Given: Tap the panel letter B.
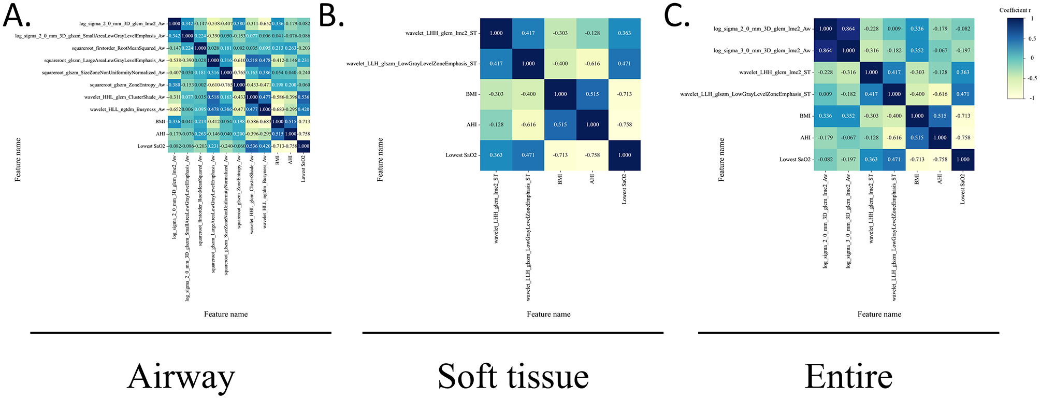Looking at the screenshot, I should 330,17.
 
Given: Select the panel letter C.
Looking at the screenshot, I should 676,17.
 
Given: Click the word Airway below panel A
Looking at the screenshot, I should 181,377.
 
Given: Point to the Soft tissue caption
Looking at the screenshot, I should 513,377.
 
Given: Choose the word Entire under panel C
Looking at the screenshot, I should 848,377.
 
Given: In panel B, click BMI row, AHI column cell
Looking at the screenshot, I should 593,94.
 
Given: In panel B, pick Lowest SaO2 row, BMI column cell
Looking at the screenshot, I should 560,155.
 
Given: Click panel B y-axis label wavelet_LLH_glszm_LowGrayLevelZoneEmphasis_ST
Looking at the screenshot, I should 411,64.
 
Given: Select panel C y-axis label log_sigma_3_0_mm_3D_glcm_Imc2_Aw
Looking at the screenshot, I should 762,51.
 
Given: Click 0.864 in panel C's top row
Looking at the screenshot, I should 848,29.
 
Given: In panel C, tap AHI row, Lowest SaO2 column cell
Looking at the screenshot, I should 963,138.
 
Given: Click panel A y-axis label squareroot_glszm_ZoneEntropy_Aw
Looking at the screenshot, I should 127,85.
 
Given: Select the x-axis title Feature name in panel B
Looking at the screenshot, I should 548,314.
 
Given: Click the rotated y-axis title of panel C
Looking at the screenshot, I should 721,160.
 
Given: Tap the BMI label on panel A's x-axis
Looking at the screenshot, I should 278,160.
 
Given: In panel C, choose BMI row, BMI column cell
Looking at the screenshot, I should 917,116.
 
